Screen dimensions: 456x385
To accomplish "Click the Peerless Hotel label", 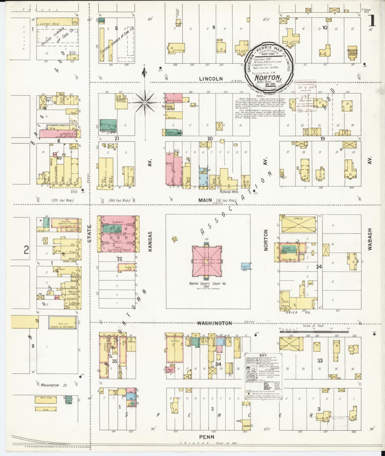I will pyautogui.click(x=229, y=192).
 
